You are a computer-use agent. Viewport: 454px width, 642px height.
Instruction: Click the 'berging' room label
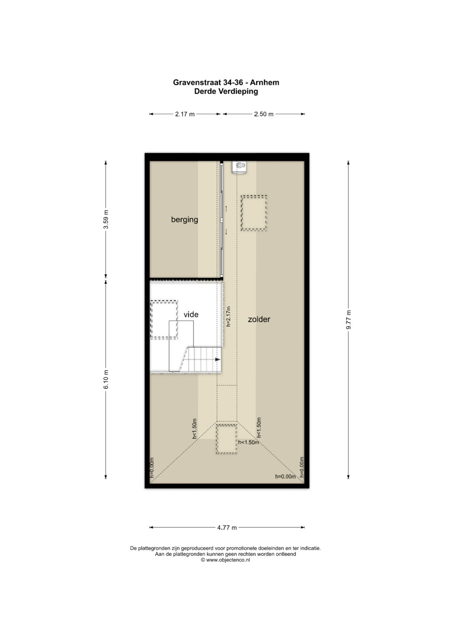(184, 220)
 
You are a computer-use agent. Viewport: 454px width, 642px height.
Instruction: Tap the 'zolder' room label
(259, 319)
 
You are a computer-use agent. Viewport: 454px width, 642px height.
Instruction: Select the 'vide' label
(191, 314)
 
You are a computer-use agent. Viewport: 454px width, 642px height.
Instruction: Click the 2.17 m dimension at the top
(185, 114)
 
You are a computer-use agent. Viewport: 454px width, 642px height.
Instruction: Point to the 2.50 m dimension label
(264, 114)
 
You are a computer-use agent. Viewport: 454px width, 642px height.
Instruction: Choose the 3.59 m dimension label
(106, 219)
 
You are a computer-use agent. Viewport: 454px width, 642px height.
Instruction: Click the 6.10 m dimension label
(106, 379)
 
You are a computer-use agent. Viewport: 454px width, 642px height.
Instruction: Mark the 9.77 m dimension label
(348, 320)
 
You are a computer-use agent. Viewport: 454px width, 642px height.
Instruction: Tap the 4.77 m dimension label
(227, 527)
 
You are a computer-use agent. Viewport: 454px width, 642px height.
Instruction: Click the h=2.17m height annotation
(228, 317)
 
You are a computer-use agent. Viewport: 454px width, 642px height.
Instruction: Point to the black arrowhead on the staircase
(218, 359)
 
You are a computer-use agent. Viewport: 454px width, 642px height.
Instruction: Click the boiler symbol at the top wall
(240, 167)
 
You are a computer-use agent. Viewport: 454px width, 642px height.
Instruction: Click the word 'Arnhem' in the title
(264, 82)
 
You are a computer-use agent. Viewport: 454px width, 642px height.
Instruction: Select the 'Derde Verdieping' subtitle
(226, 91)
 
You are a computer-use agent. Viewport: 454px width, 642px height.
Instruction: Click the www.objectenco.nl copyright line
(225, 560)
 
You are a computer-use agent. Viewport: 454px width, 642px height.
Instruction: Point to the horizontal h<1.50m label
(248, 442)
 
